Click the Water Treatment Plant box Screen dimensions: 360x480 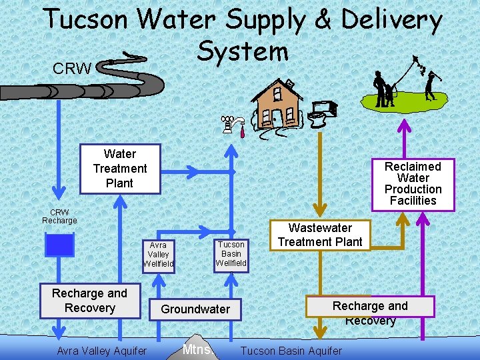(x=120, y=169)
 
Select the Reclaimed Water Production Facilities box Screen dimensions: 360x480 (x=413, y=183)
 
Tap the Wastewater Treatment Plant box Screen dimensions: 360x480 (x=320, y=235)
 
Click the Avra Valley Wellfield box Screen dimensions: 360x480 (x=158, y=255)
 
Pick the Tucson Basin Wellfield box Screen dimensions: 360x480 (x=231, y=253)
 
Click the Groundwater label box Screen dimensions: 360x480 (x=195, y=309)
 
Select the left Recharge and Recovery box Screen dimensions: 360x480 (x=89, y=301)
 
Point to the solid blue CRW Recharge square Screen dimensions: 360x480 (x=59, y=245)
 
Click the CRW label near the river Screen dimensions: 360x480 (x=72, y=69)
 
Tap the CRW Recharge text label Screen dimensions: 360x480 (x=59, y=217)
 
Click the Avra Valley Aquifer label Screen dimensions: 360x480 (x=102, y=351)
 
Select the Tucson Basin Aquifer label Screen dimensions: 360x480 (x=291, y=351)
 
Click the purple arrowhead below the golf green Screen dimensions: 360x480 (x=405, y=125)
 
